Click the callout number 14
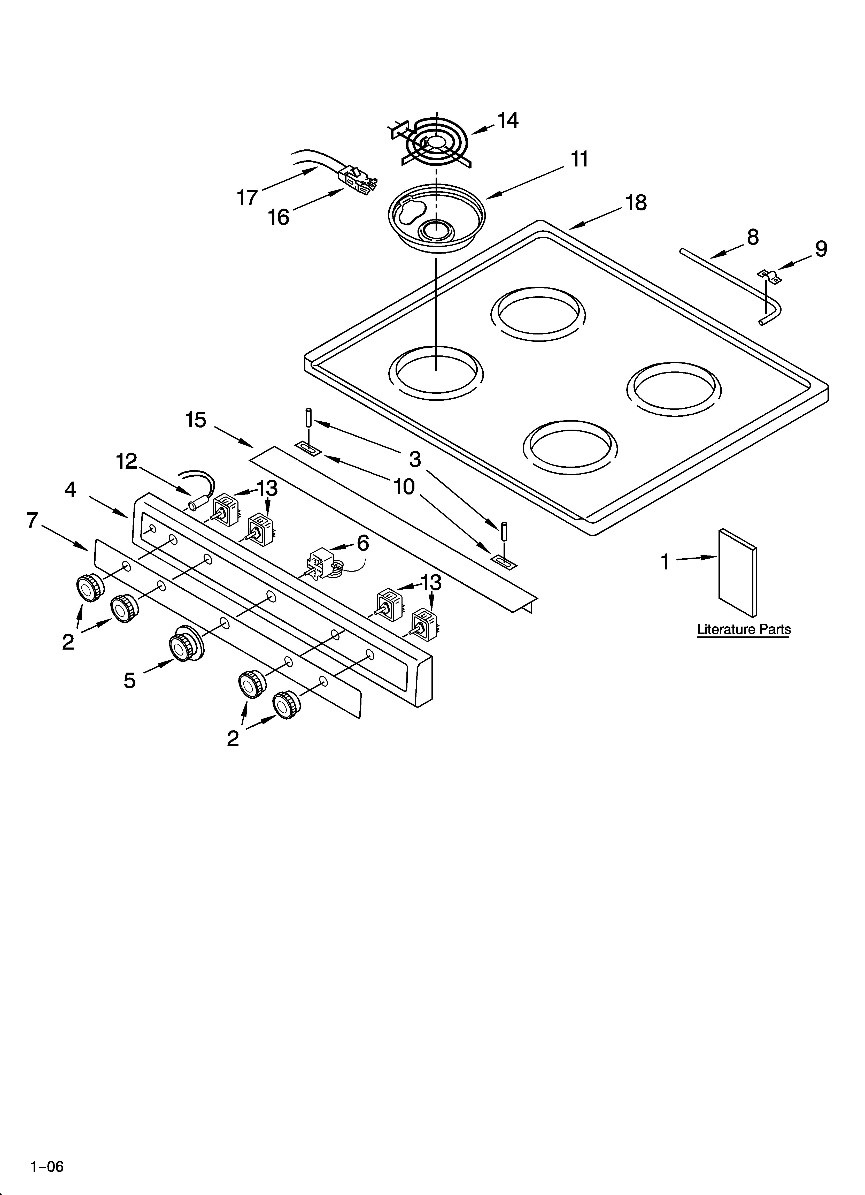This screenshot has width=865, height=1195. pyautogui.click(x=508, y=121)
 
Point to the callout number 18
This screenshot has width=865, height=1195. pyautogui.click(x=636, y=203)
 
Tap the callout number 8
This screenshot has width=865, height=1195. pyautogui.click(x=753, y=238)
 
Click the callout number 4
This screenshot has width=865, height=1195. pyautogui.click(x=70, y=490)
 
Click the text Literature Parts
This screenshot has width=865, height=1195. pyautogui.click(x=743, y=630)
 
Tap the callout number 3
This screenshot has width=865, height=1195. pyautogui.click(x=415, y=460)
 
